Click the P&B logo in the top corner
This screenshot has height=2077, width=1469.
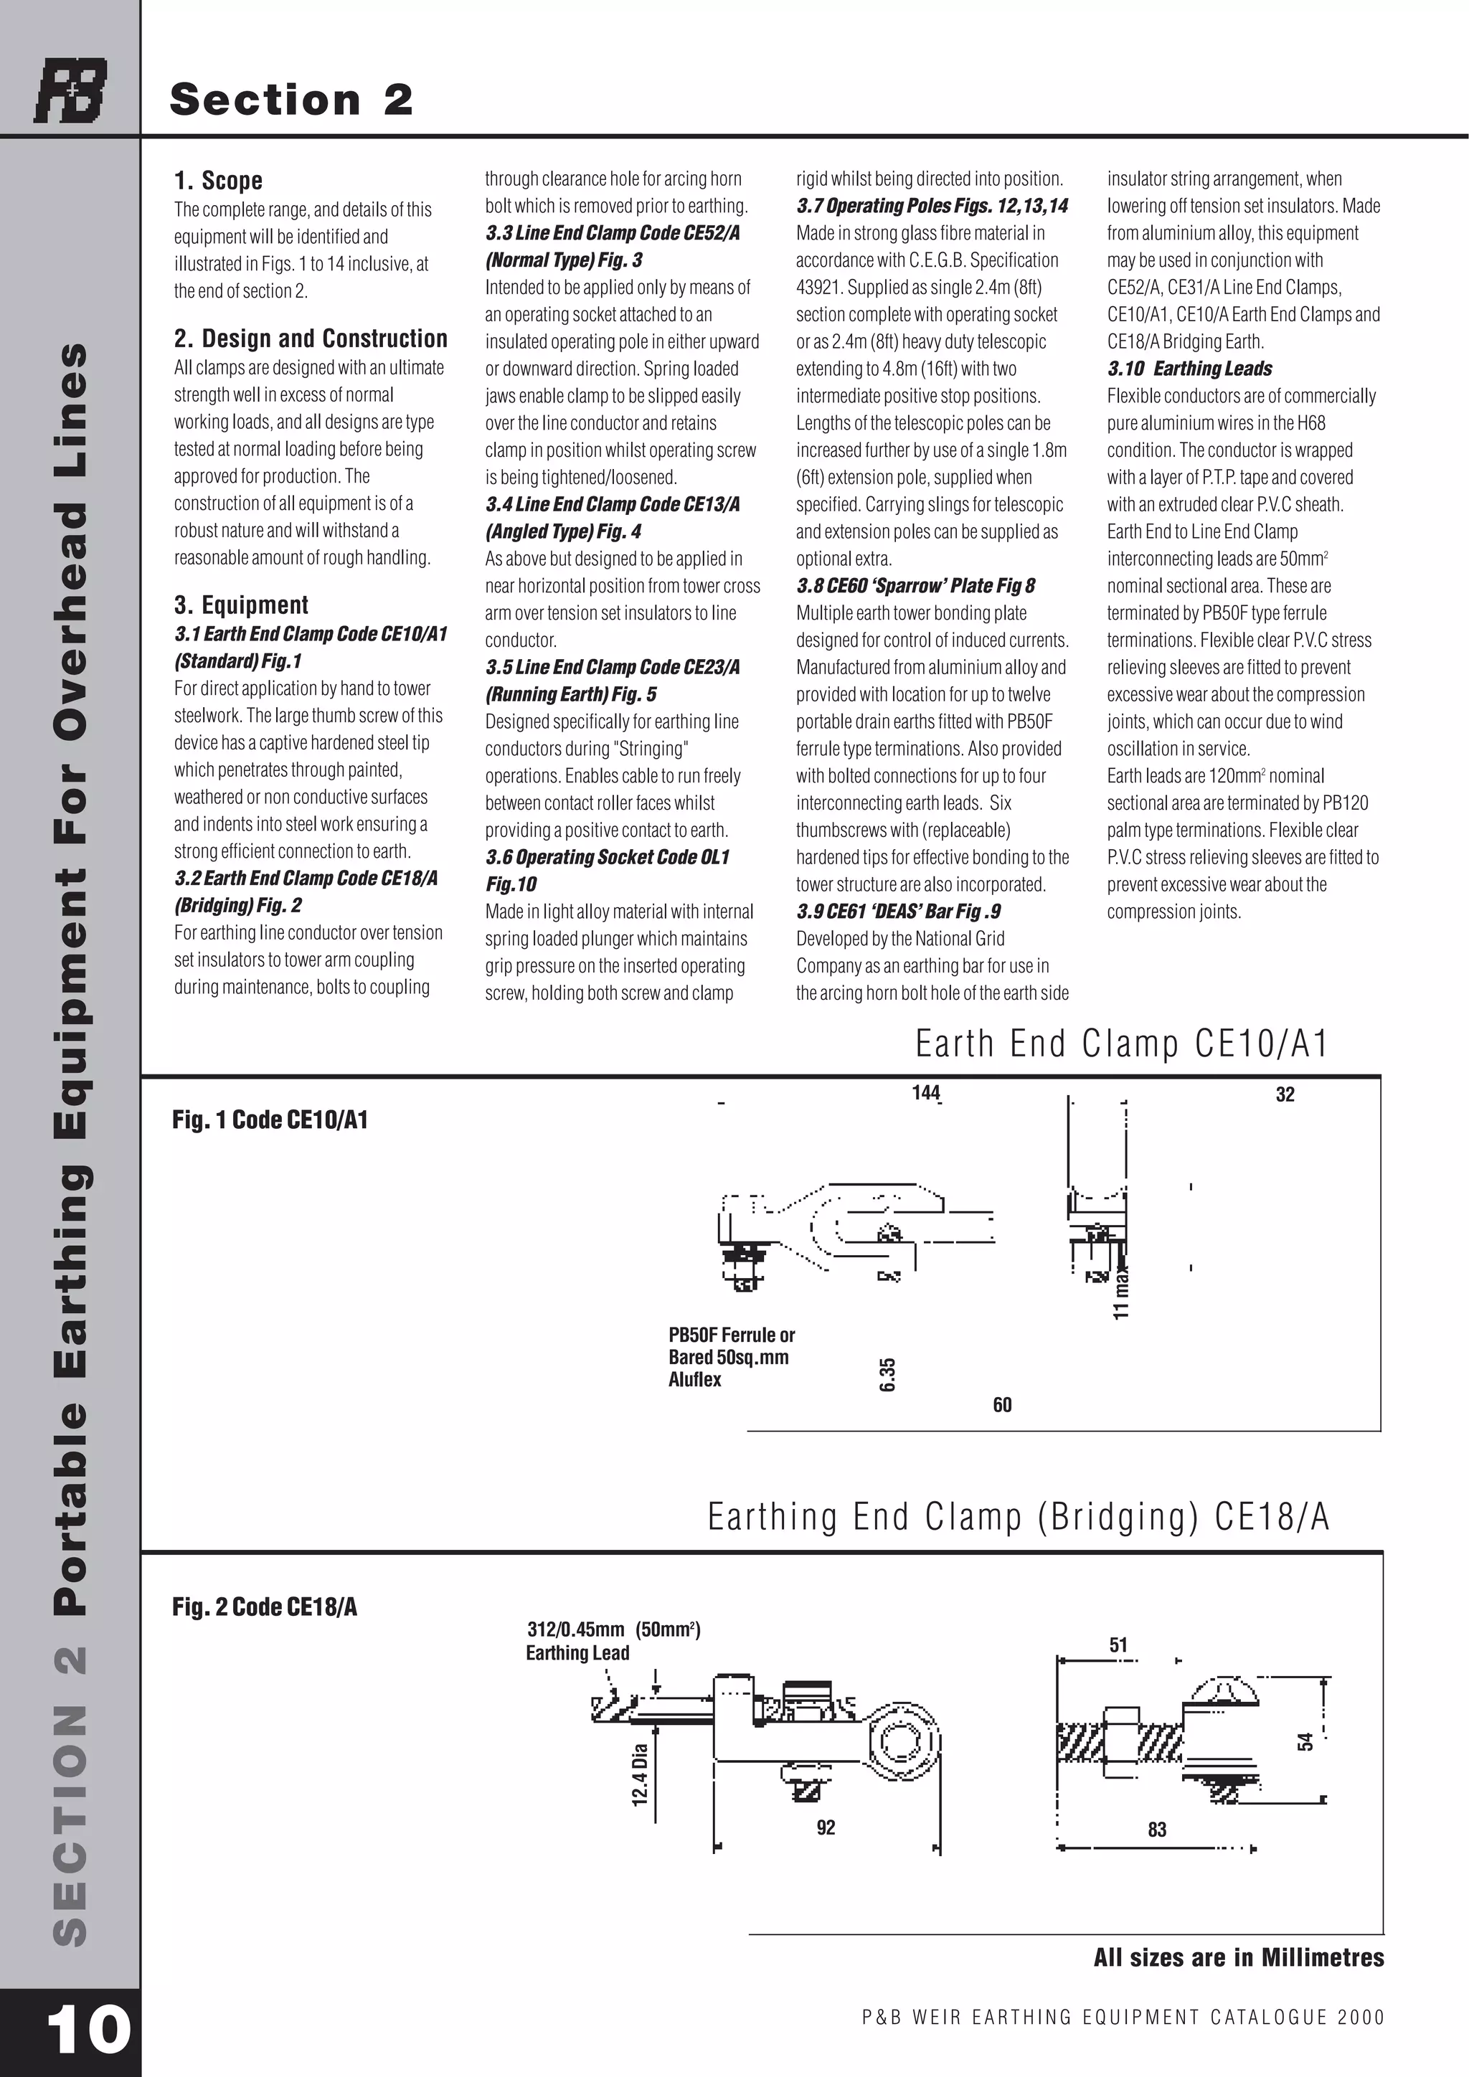coord(70,90)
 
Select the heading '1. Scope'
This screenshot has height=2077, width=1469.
coord(218,181)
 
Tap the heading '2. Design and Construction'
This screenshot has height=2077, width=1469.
coord(311,339)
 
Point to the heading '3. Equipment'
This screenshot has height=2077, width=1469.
coord(240,605)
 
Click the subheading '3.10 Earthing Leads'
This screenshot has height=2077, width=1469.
coord(1189,369)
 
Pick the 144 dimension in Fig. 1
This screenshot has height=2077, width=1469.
coord(925,1093)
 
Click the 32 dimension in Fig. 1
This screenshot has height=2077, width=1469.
coord(1285,1094)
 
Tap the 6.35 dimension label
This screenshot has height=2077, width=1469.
coord(887,1375)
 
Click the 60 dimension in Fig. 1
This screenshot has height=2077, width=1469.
coord(1002,1405)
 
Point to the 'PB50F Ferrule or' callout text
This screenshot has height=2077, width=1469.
coord(731,1335)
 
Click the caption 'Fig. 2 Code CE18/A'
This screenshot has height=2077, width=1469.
coord(264,1607)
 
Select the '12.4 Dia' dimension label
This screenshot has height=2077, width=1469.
coord(640,1775)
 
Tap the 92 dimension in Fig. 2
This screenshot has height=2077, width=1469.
coord(826,1827)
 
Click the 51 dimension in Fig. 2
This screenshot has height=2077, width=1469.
coord(1118,1645)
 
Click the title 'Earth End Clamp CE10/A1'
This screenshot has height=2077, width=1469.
coord(1122,1044)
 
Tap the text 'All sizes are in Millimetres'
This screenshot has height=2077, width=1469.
coord(1238,1958)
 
